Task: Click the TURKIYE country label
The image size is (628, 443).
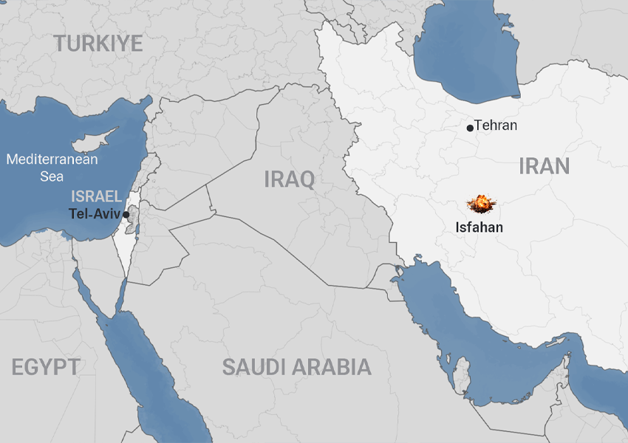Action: [98, 44]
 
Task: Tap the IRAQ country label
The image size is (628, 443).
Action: [290, 178]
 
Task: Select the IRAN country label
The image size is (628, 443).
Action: [544, 165]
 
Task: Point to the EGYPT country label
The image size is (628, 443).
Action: [46, 367]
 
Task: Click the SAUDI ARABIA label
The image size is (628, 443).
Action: [296, 367]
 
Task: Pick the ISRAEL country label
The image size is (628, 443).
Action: [96, 196]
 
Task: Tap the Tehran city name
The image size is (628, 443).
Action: [496, 126]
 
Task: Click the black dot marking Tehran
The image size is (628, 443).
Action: [470, 128]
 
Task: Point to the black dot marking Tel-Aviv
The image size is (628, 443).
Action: [126, 214]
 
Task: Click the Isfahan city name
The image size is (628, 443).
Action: [479, 227]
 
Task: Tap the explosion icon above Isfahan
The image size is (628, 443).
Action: [480, 203]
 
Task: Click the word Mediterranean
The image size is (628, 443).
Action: [52, 159]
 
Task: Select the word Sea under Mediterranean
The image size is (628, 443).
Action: [52, 176]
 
